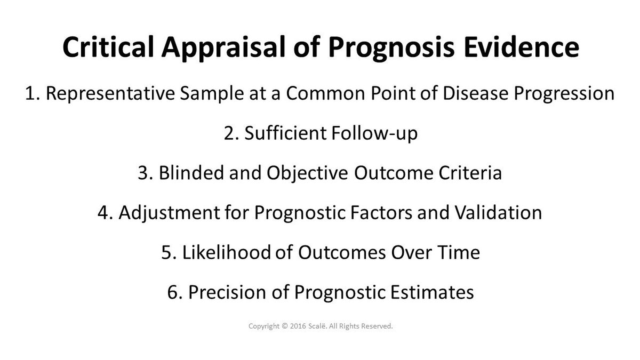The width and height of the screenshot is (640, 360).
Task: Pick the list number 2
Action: pos(229,133)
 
